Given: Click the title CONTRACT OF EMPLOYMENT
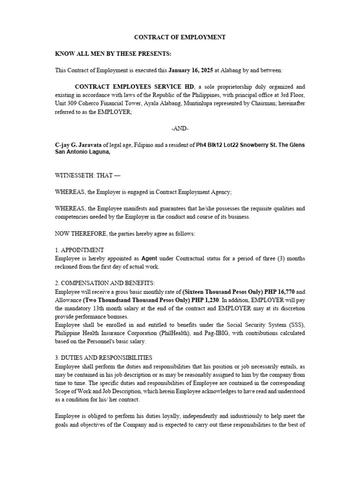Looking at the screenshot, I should tap(180, 37).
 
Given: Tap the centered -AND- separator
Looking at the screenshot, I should tap(180, 128).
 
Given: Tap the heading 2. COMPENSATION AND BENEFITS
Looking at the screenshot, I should tap(105, 283).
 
